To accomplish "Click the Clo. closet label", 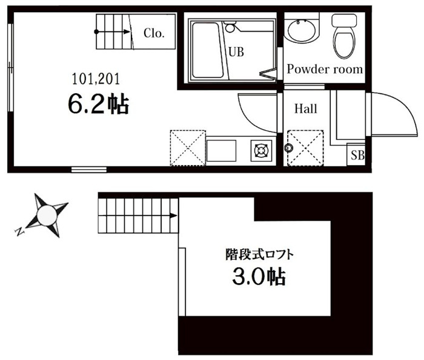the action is (154, 33).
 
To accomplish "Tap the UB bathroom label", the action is (236, 51).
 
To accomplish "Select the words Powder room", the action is (325, 69).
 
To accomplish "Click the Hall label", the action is (305, 108).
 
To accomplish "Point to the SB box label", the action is (357, 155).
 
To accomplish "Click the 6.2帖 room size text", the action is (98, 105).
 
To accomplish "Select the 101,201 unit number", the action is (96, 79).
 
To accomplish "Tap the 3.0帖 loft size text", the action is (259, 277).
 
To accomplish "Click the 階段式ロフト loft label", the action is (260, 255).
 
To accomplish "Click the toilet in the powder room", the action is (344, 36).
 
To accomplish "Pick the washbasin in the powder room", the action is (302, 30).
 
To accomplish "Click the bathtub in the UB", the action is (207, 50).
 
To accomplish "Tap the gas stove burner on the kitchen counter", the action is (261, 150).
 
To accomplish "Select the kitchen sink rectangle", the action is (222, 151).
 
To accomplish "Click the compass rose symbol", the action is (47, 215).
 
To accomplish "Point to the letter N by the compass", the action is (19, 232).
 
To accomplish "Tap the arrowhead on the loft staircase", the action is (174, 216).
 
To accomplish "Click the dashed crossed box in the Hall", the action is (305, 148).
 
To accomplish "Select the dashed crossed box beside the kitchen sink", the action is (188, 148).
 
